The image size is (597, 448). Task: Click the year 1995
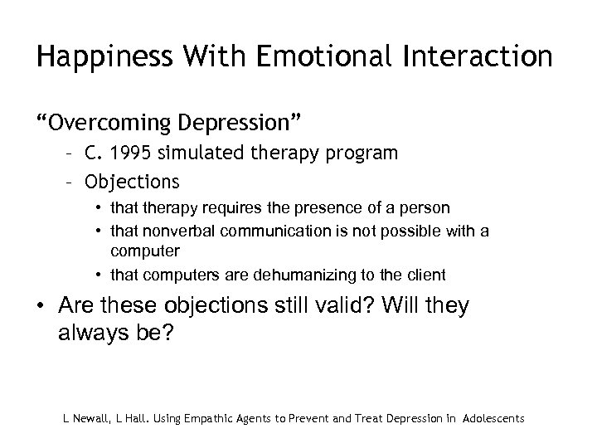point(123,153)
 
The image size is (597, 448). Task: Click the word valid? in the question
point(337,306)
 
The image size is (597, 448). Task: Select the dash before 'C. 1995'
point(74,153)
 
